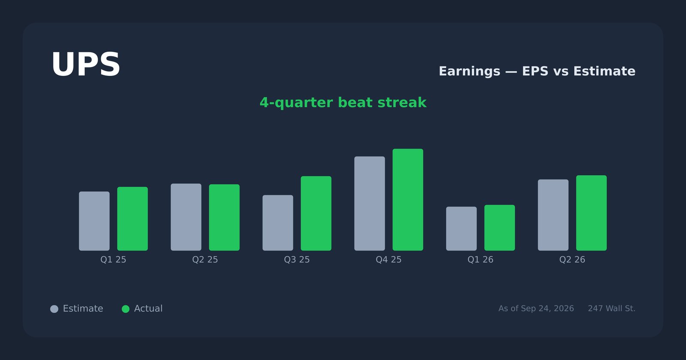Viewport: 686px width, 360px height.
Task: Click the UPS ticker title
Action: (86, 65)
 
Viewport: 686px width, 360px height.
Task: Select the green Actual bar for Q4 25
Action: (408, 200)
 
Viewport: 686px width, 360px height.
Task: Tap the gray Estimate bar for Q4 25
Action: (370, 204)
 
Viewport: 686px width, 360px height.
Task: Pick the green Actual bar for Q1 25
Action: (132, 219)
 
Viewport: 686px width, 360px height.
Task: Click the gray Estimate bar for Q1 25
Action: (94, 221)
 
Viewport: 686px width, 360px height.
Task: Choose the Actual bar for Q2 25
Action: (225, 217)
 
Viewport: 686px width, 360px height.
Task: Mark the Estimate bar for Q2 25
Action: (186, 217)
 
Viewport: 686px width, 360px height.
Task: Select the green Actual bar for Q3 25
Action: (316, 213)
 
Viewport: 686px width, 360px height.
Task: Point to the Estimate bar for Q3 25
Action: (278, 223)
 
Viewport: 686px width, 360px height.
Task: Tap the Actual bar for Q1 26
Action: (499, 228)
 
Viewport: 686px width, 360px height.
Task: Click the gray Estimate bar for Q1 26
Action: (461, 229)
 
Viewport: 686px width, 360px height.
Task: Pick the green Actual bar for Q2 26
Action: (591, 213)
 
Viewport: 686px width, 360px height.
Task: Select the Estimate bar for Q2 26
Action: (553, 215)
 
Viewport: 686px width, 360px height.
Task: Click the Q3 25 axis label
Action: (297, 260)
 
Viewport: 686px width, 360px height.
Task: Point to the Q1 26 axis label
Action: (480, 260)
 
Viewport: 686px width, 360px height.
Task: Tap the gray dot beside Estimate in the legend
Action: (54, 309)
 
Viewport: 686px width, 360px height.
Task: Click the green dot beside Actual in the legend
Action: (126, 309)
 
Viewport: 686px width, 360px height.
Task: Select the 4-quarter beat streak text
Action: (343, 102)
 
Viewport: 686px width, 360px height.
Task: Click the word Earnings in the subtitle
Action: (469, 72)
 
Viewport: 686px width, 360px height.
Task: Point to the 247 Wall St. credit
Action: (611, 309)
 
